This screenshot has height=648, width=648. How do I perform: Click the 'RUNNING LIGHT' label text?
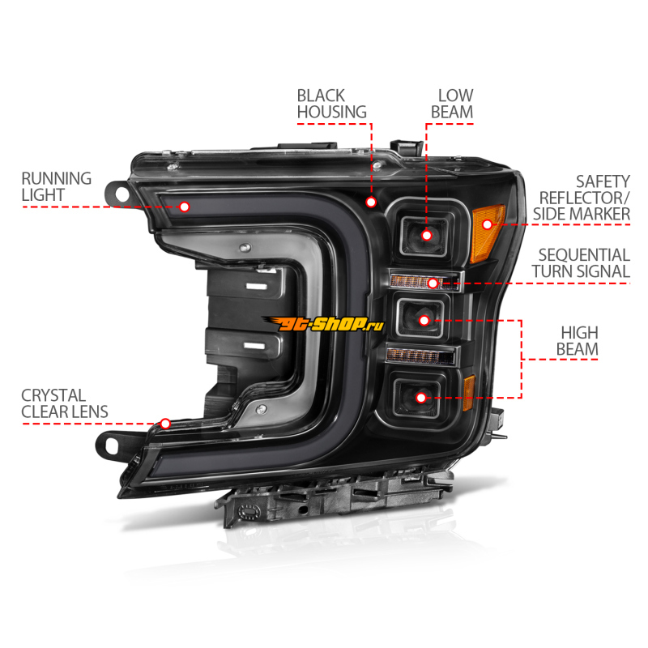pos(56,186)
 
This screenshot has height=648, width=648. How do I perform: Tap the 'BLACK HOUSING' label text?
pos(331,104)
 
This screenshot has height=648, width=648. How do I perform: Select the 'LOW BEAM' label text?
pos(451,104)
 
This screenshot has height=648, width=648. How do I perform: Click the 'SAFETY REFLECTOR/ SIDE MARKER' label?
pos(581,198)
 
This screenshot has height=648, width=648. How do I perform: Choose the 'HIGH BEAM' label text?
pos(578,341)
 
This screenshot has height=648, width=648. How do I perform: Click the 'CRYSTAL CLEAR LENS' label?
pos(64,403)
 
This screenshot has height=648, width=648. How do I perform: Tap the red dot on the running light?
pos(184,207)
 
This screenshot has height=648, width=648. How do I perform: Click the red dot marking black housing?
pos(371,201)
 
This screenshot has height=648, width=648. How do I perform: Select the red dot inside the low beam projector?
pos(427,235)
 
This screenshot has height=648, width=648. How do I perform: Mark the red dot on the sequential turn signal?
pos(433,283)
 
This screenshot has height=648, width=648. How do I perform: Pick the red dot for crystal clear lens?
pos(165,423)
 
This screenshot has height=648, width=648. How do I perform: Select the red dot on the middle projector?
pos(423,319)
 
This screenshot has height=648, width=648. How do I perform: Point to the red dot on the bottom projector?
pos(420,397)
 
